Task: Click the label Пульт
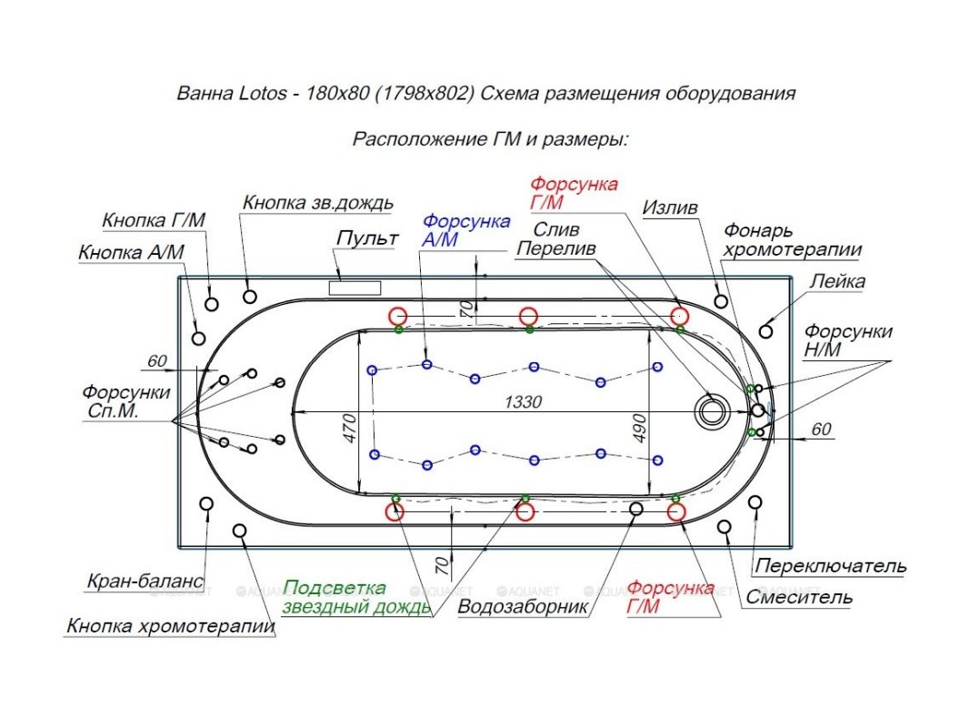pos(367,239)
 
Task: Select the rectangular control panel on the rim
pos(355,288)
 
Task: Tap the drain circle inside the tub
pos(711,409)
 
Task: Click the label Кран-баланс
pos(145,581)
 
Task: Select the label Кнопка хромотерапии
pos(170,626)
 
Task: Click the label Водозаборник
pos(523,606)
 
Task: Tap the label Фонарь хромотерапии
pos(792,240)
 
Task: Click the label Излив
pos(670,208)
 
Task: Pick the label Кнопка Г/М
pos(154,220)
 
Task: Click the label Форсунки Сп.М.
pos(126,402)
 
